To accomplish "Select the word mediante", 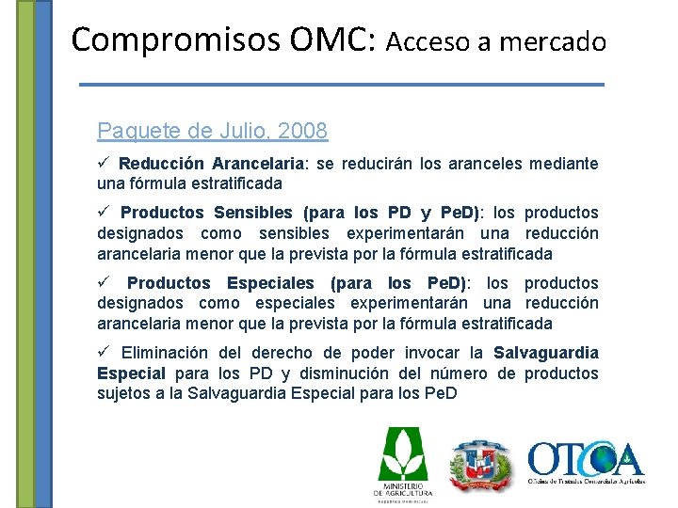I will (x=563, y=164).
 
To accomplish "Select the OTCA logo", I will (x=586, y=462).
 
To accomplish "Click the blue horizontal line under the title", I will (x=342, y=85).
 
